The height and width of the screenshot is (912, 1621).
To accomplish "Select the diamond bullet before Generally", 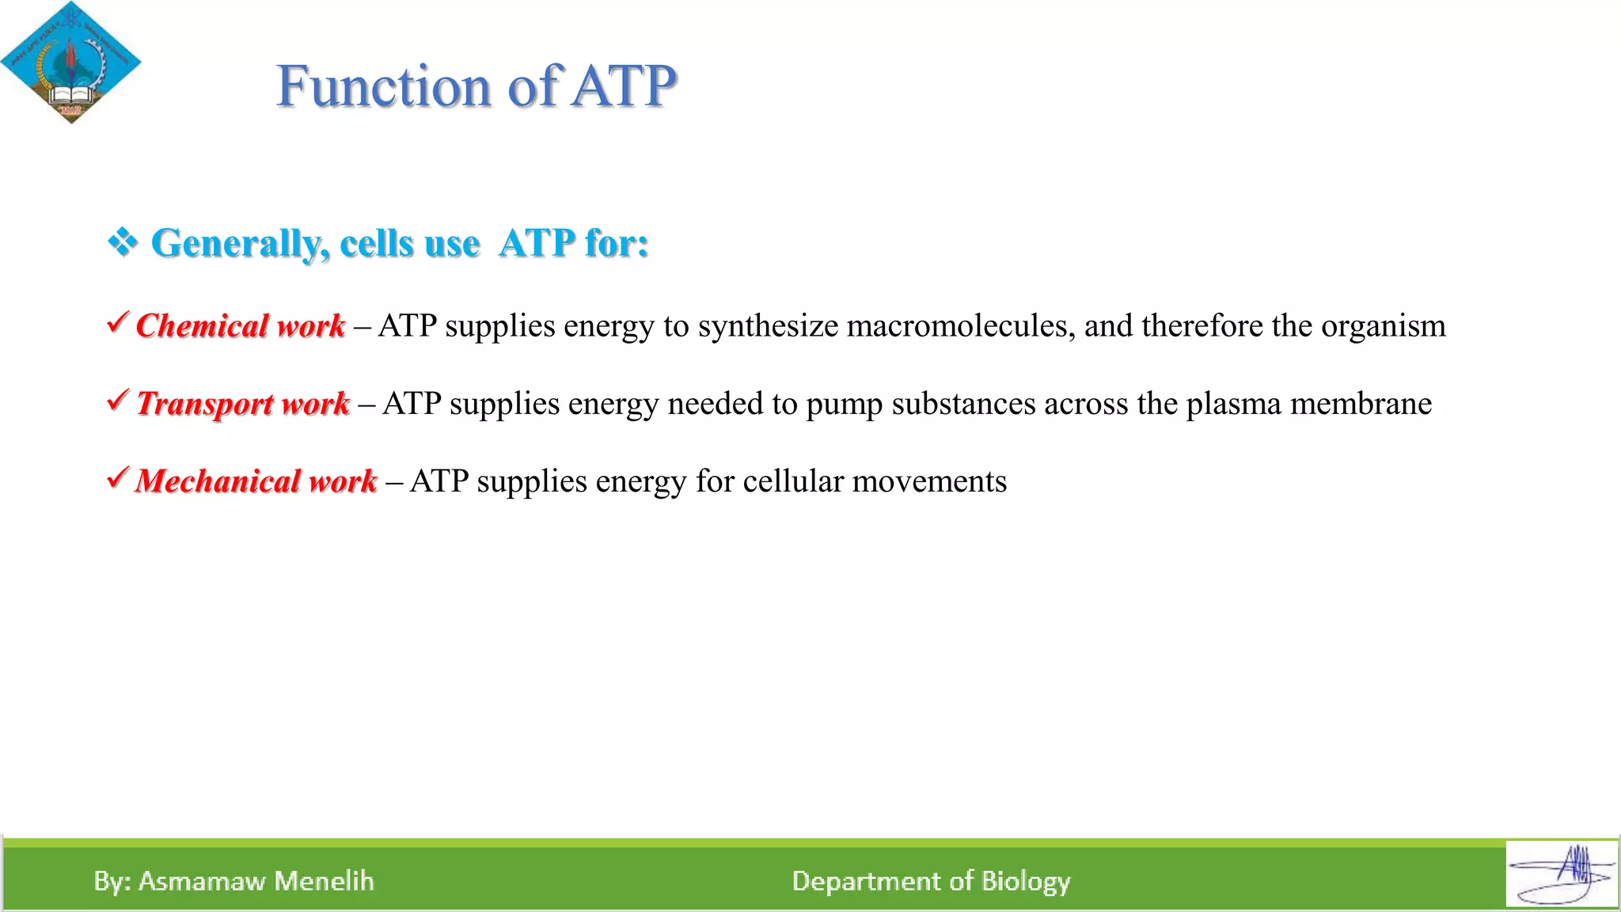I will [123, 241].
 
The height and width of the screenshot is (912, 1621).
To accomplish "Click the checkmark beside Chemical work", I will [117, 322].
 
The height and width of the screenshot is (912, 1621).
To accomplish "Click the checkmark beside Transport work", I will [117, 400].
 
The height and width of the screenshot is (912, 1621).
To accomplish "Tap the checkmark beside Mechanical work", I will [117, 477].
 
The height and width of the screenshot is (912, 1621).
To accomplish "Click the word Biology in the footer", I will [1026, 881].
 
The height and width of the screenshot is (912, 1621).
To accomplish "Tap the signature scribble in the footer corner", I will [1562, 875].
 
